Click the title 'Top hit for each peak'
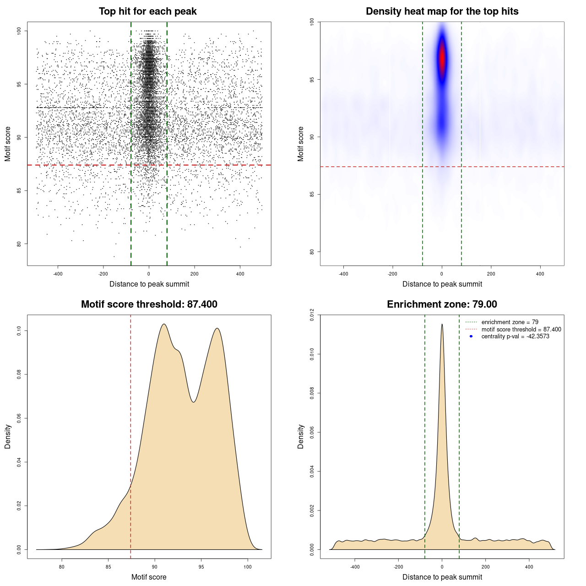click(147, 11)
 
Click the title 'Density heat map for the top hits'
click(442, 11)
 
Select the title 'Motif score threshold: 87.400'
click(149, 304)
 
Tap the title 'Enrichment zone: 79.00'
click(442, 304)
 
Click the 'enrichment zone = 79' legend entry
click(510, 322)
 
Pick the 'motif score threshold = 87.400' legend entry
click(521, 329)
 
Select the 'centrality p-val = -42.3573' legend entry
click(515, 336)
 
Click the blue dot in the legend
click(471, 336)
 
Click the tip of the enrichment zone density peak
click(442, 325)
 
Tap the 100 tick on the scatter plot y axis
click(19, 31)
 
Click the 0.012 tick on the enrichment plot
click(312, 315)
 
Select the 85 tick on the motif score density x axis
click(109, 567)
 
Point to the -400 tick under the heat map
click(343, 274)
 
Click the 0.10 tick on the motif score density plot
click(19, 331)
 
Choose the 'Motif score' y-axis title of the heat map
click(301, 144)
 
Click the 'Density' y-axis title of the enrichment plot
click(301, 436)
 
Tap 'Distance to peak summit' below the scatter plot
click(149, 284)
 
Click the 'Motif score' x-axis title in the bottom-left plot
click(149, 577)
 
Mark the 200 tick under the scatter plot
click(195, 274)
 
